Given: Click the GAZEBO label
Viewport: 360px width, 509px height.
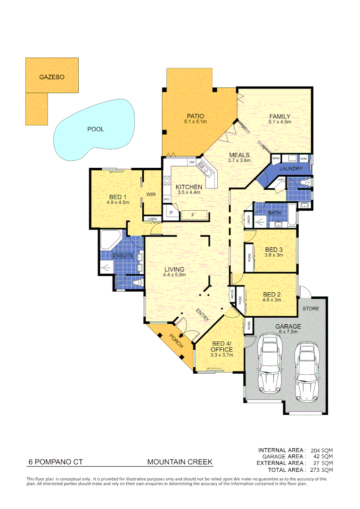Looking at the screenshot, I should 52,76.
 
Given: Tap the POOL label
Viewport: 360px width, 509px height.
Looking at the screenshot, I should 96,129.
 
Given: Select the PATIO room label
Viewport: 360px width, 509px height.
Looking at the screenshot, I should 195,116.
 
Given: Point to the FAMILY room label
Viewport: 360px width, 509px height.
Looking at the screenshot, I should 279,116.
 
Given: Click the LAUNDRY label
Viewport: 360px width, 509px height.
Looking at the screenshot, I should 291,169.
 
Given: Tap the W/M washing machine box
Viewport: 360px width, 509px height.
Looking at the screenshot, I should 303,158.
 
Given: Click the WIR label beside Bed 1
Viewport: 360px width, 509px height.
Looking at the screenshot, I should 151,194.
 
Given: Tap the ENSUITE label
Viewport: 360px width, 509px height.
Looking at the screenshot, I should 122,256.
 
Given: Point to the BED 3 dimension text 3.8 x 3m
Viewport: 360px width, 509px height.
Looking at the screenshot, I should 274,255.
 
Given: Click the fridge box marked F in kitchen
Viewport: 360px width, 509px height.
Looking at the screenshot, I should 193,215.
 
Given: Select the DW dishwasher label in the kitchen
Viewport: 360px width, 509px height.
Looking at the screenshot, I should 192,163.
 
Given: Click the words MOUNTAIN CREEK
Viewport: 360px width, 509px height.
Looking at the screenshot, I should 180,462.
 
